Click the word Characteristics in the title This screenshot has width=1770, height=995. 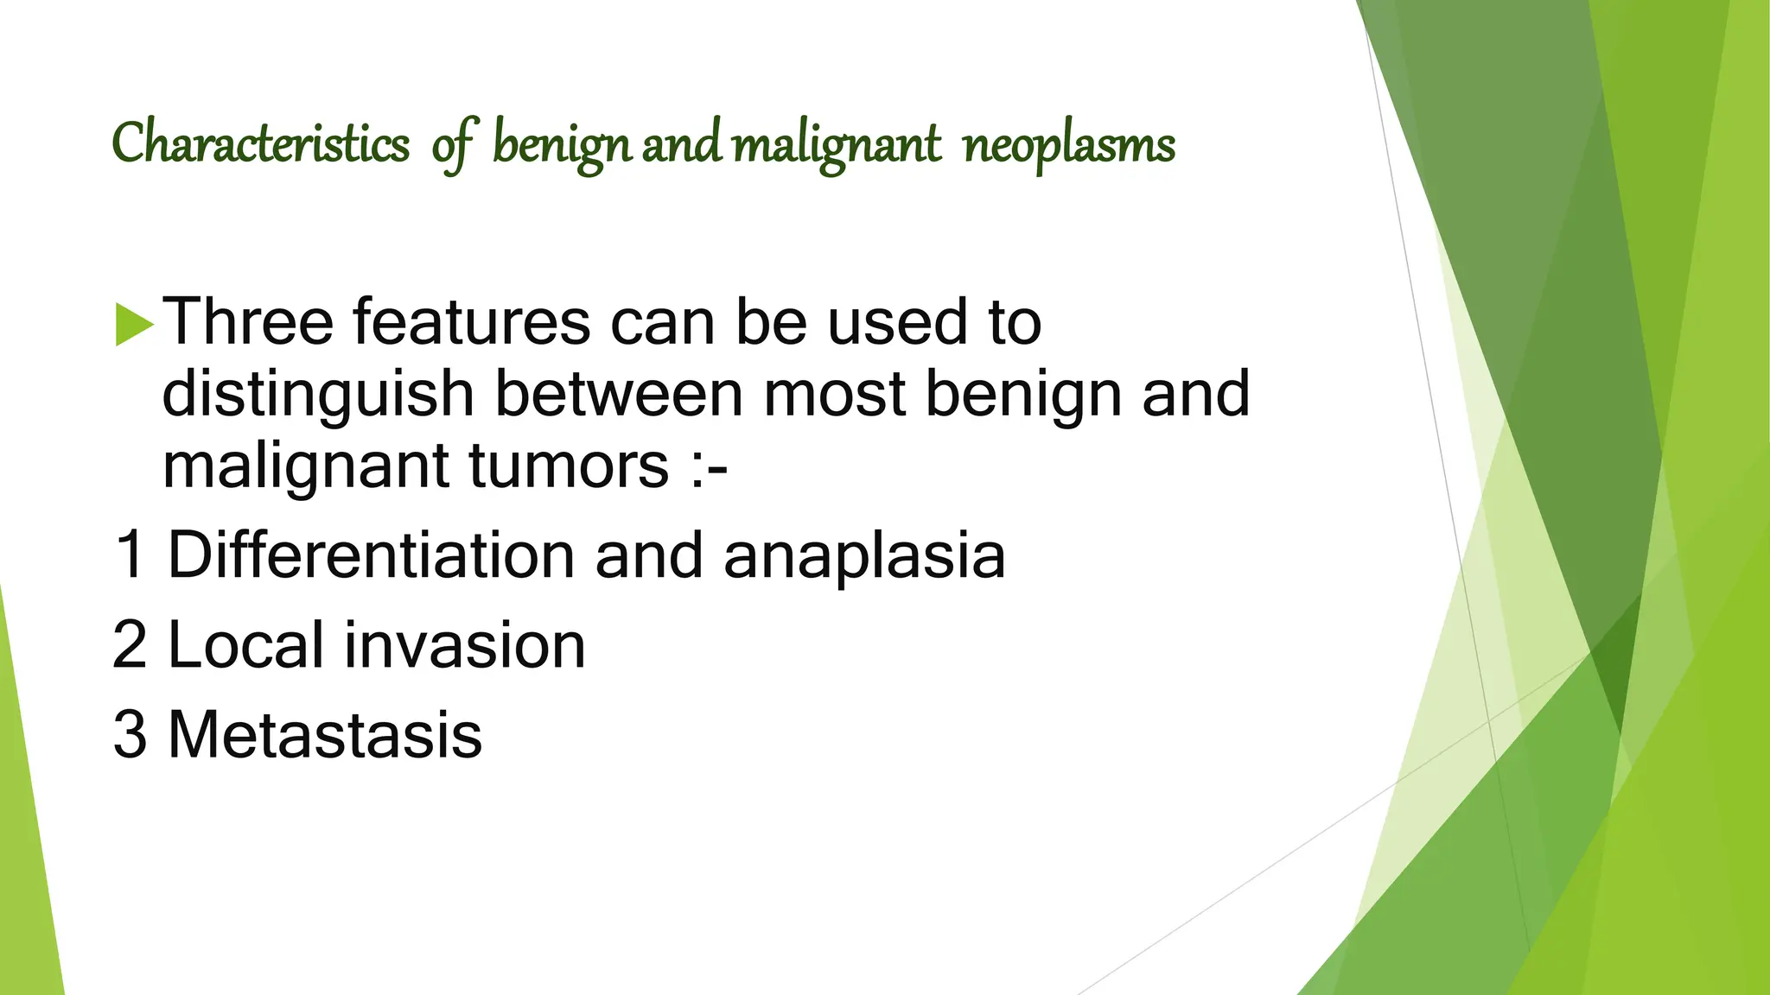(260, 144)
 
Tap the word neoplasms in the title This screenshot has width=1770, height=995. (1069, 144)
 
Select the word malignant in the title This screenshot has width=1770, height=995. (837, 144)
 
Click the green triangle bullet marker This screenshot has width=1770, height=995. (134, 322)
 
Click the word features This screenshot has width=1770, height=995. (471, 321)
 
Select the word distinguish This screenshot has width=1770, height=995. (318, 395)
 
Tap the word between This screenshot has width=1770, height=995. (618, 393)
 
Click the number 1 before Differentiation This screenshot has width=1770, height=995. (130, 555)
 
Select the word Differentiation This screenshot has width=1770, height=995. (371, 555)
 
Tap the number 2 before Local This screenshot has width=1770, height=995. (130, 645)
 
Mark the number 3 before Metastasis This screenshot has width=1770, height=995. (130, 735)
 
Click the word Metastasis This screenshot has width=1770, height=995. (324, 735)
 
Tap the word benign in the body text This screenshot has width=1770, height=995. (1023, 395)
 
